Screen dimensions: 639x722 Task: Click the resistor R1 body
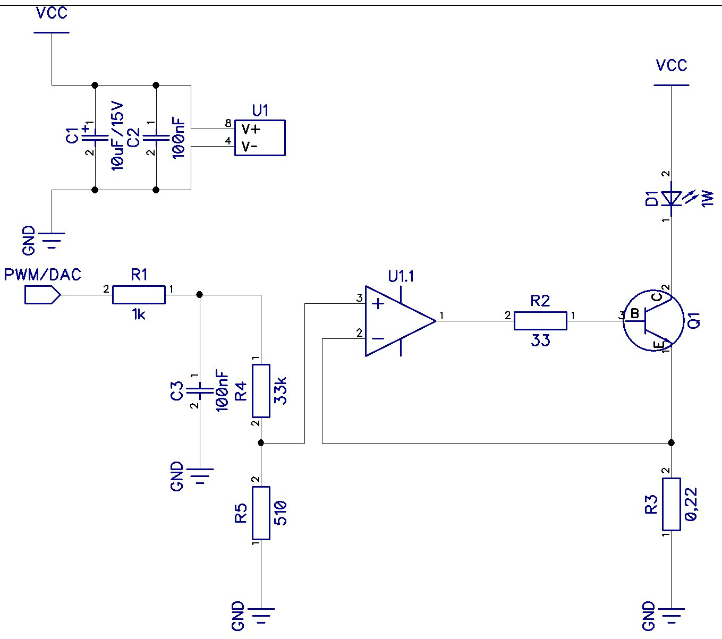click(x=139, y=294)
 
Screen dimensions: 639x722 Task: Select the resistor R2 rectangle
click(x=540, y=321)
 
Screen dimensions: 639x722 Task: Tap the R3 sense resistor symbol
click(x=671, y=504)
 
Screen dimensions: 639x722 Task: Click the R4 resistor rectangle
click(x=261, y=391)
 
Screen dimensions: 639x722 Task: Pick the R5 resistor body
click(x=261, y=513)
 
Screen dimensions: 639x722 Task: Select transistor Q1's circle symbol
click(x=653, y=321)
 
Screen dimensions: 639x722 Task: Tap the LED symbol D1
click(x=672, y=199)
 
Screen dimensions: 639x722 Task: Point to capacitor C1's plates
click(x=95, y=137)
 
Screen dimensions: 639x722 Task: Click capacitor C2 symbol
click(x=156, y=137)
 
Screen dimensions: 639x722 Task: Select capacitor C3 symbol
click(x=199, y=391)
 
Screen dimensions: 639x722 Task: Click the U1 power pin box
click(x=260, y=138)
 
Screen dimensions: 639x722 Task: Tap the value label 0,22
click(x=692, y=504)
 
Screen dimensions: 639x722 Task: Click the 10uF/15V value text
click(x=117, y=136)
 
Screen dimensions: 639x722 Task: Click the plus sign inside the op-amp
click(x=378, y=304)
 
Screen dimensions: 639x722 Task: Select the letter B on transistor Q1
click(x=634, y=314)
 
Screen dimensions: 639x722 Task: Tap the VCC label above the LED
click(x=672, y=65)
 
